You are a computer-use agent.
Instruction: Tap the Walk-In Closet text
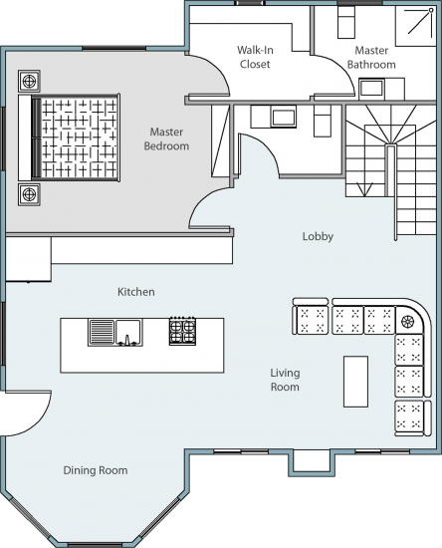[255, 57]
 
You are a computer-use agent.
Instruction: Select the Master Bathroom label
[373, 57]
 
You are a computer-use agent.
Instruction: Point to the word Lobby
[318, 237]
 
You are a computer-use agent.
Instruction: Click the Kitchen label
[136, 292]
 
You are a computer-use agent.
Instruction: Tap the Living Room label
[285, 380]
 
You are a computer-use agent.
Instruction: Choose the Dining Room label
[96, 470]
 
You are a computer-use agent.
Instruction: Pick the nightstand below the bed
[29, 191]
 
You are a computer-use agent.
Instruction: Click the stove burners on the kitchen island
[182, 331]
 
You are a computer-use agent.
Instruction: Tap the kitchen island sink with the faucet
[128, 332]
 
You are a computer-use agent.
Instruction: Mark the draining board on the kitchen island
[102, 331]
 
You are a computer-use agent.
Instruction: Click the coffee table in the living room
[355, 381]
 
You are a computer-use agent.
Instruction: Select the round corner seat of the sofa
[409, 320]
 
